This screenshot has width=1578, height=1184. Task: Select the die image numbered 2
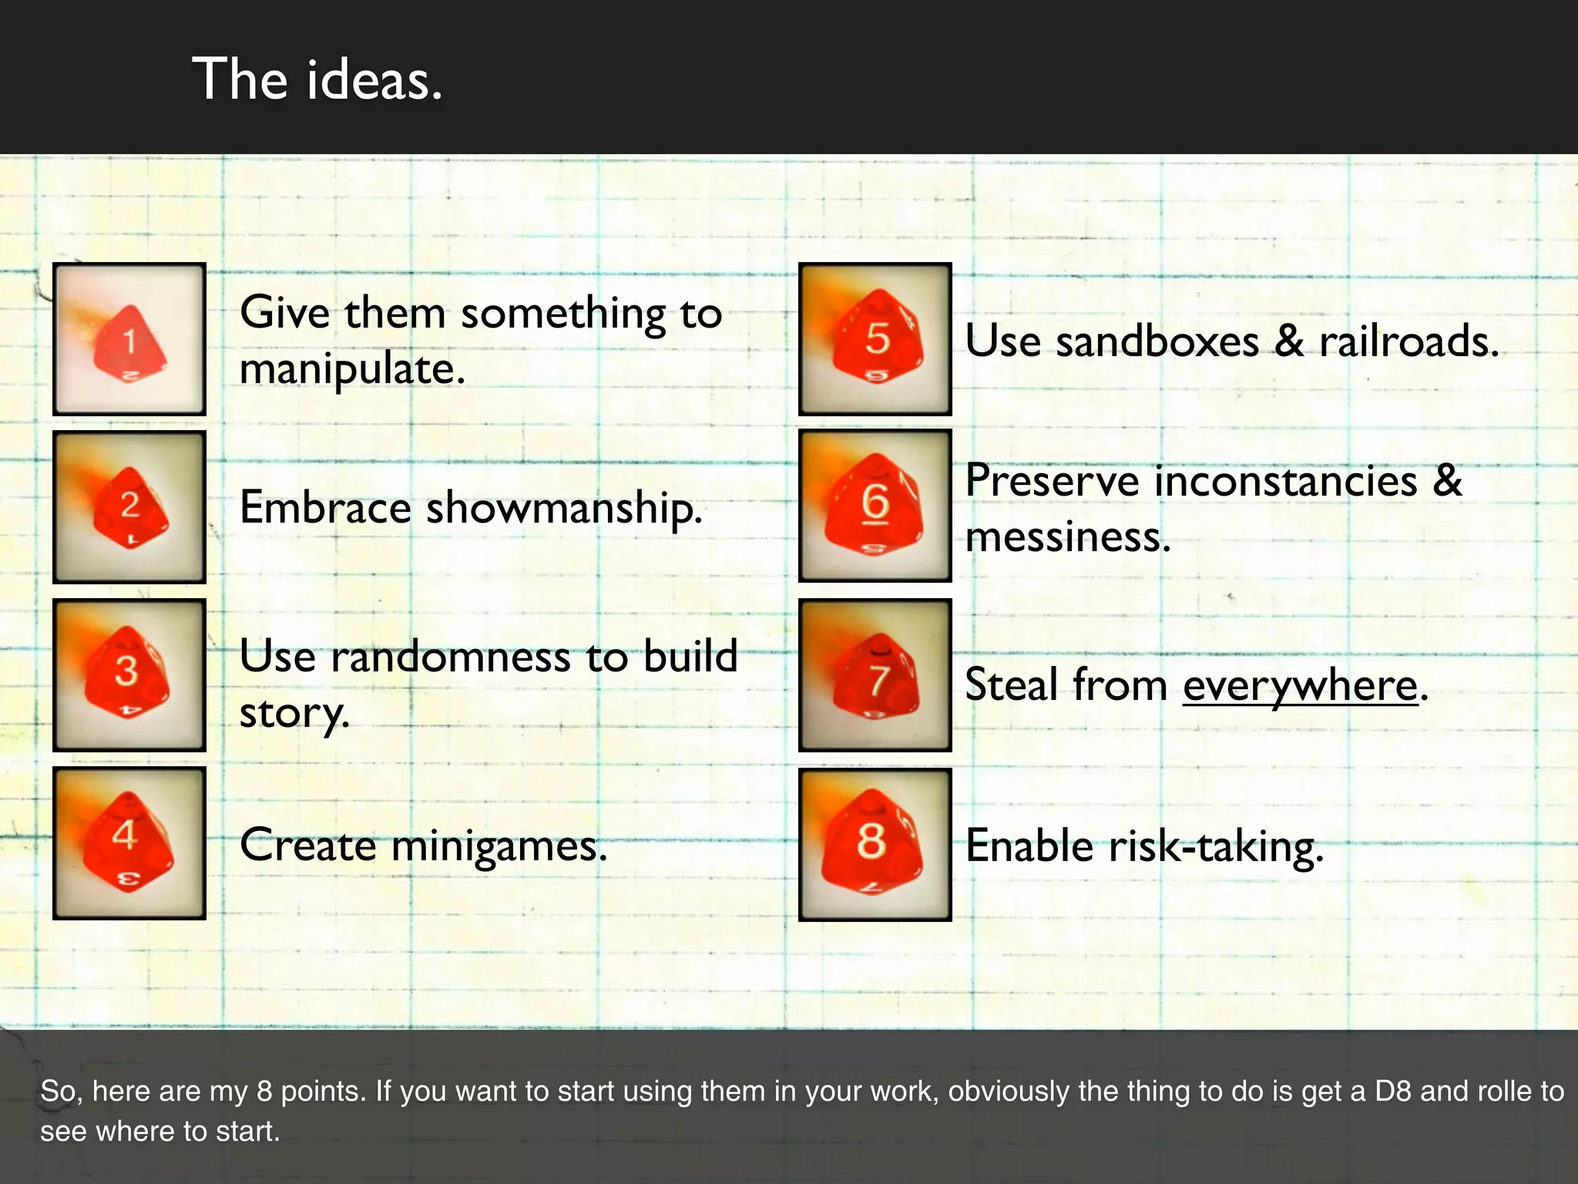(x=129, y=507)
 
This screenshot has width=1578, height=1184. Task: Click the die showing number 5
(x=876, y=339)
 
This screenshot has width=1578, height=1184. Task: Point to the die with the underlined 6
(x=875, y=506)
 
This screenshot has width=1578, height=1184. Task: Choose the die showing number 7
(x=876, y=676)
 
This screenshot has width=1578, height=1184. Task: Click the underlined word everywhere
(x=1301, y=685)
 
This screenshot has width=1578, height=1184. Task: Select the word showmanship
(x=564, y=508)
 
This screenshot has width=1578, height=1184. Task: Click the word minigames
(x=499, y=846)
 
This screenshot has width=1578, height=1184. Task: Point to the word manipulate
(x=352, y=369)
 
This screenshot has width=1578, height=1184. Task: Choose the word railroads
(x=1408, y=341)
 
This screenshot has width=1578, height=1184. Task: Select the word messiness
(x=1068, y=537)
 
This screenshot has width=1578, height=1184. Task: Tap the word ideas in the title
(x=374, y=80)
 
